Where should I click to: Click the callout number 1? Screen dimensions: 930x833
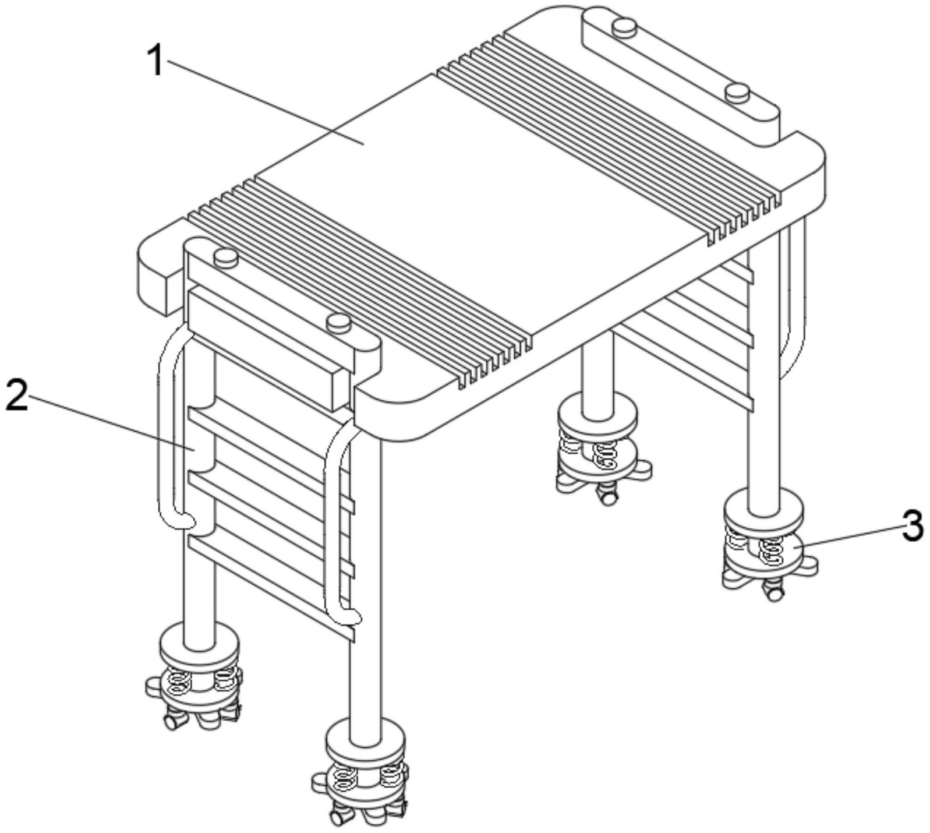[x=155, y=61]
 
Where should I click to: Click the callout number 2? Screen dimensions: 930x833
[x=16, y=394]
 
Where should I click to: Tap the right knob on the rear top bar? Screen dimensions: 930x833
[x=737, y=92]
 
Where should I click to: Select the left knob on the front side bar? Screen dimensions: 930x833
[x=226, y=257]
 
